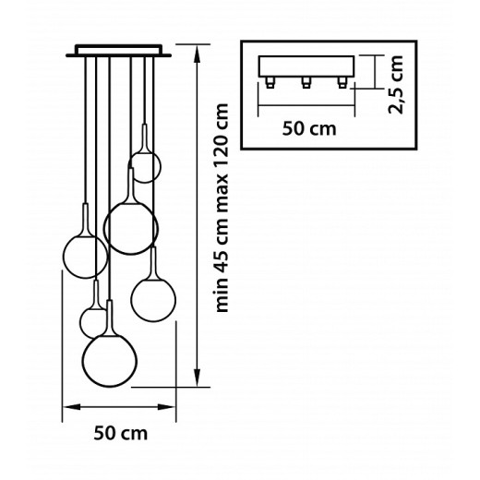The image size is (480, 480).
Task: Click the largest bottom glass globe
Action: [x=110, y=361]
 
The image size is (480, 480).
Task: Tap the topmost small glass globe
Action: [x=145, y=167]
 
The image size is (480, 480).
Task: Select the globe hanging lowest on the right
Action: [x=153, y=300]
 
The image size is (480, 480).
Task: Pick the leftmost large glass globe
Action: [x=85, y=257]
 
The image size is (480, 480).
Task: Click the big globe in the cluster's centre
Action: [x=131, y=228]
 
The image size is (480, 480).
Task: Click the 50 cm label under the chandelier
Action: [x=121, y=433]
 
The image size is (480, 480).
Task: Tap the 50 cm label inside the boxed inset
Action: [x=309, y=128]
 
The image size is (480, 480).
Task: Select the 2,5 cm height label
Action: [x=395, y=85]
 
